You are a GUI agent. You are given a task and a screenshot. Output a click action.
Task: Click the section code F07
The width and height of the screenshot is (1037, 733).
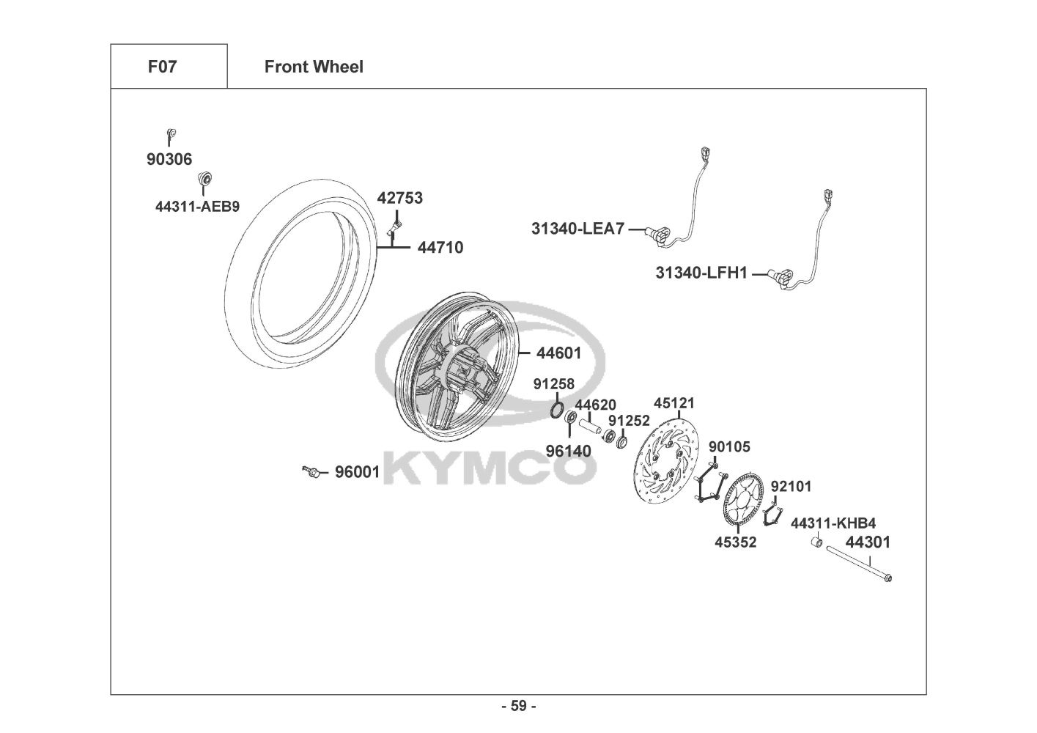coord(162,67)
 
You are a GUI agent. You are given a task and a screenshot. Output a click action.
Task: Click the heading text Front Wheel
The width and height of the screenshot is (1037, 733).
coord(314,67)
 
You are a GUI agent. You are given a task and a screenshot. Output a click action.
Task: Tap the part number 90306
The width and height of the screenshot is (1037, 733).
coord(169,159)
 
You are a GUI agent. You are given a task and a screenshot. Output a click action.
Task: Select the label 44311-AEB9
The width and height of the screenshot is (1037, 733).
coord(197,207)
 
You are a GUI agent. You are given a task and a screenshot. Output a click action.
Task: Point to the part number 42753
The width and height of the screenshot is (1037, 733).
coord(399,198)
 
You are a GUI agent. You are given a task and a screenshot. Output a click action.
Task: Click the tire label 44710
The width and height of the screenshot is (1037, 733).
coord(440,248)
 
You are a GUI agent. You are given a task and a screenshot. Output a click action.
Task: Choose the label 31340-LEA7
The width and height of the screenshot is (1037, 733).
coord(577,229)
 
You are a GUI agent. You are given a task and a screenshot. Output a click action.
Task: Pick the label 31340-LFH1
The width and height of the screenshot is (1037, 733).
coord(701,273)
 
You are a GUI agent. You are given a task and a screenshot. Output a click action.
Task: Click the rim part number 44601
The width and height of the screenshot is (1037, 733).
coord(558,353)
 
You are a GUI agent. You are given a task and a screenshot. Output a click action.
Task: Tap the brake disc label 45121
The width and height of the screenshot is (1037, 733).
coord(674,403)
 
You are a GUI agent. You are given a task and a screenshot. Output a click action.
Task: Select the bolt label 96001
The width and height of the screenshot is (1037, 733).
coord(357,472)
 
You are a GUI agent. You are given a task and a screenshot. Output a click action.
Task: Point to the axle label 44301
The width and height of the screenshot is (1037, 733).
coord(868,542)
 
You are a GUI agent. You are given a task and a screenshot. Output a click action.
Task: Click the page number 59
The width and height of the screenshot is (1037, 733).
coord(519,706)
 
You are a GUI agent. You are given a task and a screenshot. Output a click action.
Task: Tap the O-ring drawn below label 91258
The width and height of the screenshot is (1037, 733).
coord(557,410)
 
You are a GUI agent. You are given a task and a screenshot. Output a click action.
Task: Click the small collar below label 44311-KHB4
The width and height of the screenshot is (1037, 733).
coord(817,542)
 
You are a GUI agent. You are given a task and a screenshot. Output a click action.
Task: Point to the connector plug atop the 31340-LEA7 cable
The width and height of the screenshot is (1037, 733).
coord(705,154)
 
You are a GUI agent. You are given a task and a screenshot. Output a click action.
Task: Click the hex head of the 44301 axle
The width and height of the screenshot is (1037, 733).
coord(887,578)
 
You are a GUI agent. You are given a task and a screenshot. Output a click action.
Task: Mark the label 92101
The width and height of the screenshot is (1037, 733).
coord(791,487)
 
